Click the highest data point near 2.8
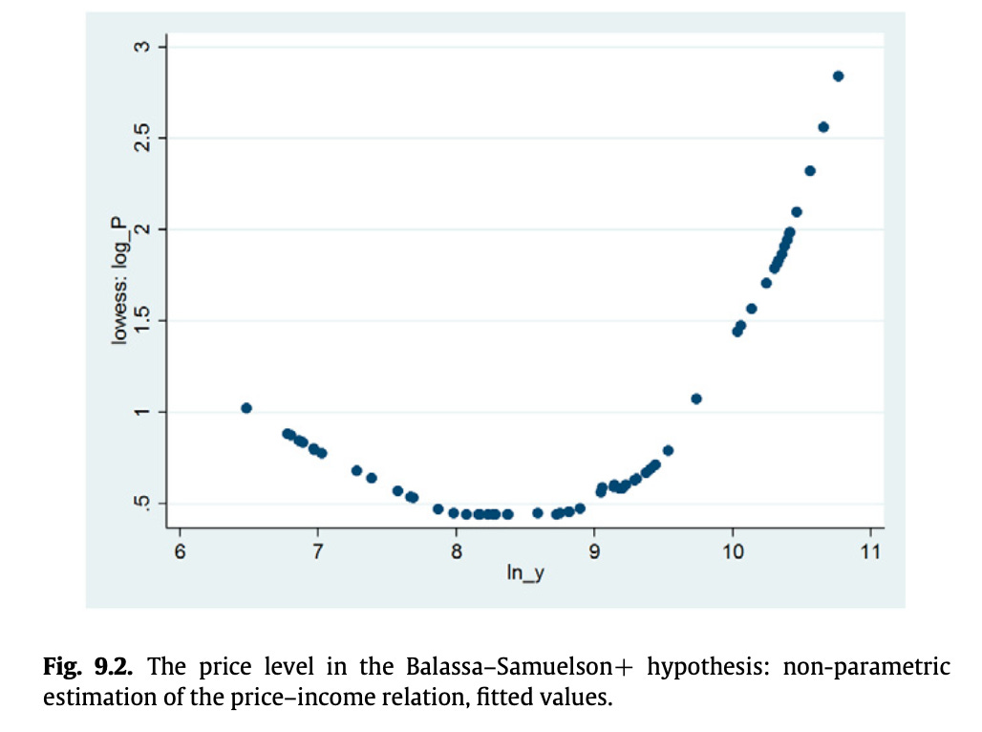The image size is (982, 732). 838,76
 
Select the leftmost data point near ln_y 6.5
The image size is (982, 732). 246,408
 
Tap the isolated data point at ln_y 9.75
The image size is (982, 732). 696,398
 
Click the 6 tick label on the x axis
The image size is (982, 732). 179,551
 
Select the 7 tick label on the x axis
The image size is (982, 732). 317,551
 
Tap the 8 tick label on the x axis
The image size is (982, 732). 456,551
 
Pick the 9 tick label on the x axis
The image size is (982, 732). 594,551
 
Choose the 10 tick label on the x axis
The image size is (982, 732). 732,551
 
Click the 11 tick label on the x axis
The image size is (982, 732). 869,551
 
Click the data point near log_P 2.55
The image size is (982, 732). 823,127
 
